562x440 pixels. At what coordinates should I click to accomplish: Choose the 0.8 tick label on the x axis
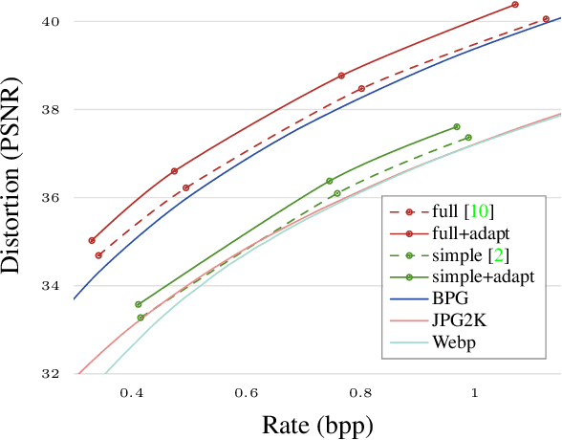pos(360,391)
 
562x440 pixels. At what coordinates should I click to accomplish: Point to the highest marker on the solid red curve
pos(515,5)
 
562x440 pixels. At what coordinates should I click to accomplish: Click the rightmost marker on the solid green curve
pos(457,127)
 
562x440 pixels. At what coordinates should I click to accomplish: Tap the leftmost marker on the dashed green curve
pos(140,318)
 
